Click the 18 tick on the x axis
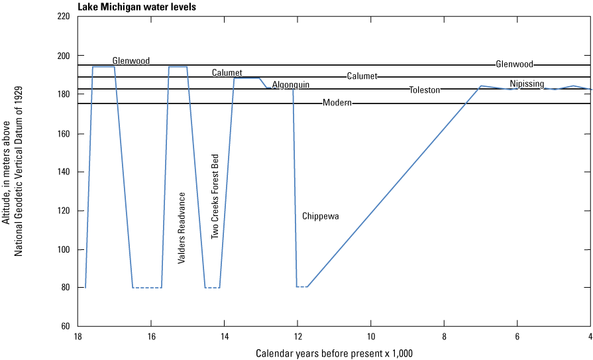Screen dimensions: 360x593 78,337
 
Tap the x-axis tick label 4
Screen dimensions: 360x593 590,337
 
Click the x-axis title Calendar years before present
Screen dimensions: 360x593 334,353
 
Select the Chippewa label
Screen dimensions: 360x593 321,216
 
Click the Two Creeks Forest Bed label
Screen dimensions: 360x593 215,196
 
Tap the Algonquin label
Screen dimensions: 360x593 291,85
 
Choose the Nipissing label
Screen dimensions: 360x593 527,84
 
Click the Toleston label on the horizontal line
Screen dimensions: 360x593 424,90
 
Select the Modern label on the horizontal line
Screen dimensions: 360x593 337,103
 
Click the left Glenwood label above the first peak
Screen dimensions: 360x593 131,60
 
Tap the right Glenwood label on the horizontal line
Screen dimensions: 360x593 514,64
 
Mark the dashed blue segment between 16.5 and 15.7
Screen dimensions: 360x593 147,288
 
